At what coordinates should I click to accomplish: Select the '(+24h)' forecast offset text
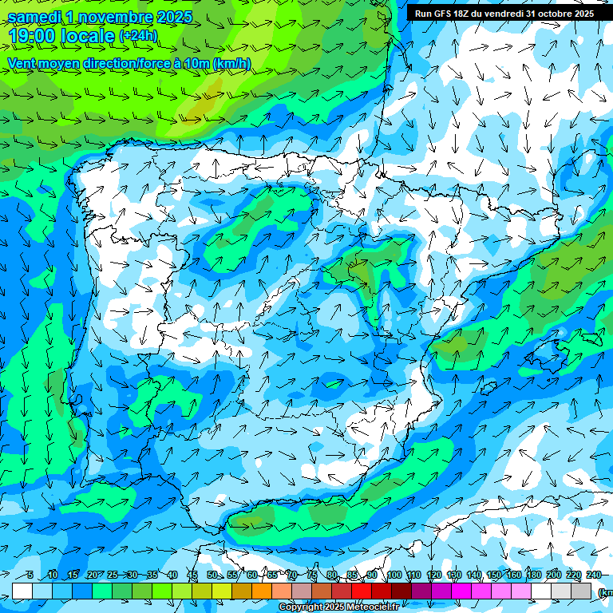(138, 36)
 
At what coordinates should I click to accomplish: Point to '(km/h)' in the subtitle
(232, 63)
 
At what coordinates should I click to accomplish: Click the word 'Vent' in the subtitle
(22, 63)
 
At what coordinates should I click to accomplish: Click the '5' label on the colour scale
(30, 575)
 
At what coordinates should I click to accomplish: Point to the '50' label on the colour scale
(212, 575)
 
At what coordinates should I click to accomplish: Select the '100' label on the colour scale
(394, 575)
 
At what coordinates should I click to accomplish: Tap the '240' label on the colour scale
(593, 575)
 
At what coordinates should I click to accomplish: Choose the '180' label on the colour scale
(534, 575)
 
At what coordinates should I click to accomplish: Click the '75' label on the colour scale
(312, 575)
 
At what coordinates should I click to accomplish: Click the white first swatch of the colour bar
(22, 591)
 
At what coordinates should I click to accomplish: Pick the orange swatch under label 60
(262, 591)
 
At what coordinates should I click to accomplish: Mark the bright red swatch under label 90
(362, 591)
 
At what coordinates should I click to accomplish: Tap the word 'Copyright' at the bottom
(300, 607)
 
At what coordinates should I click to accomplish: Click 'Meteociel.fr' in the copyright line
(372, 607)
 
